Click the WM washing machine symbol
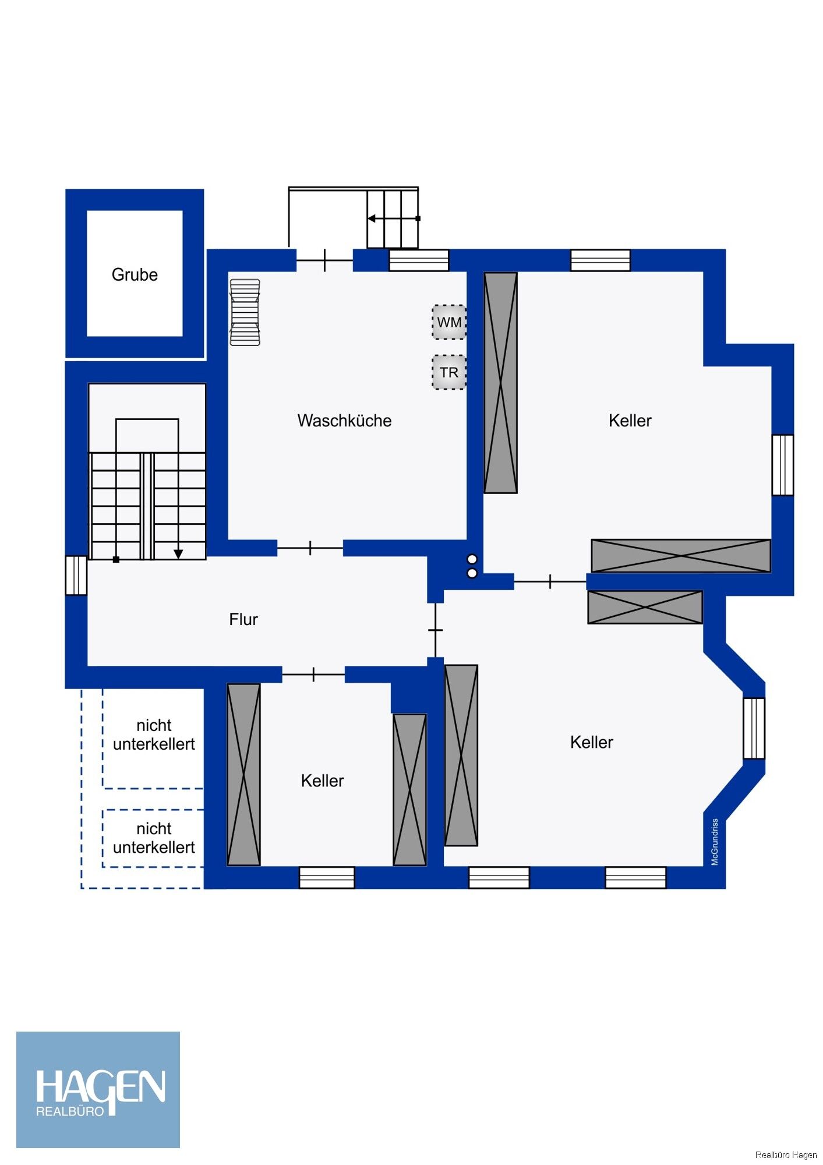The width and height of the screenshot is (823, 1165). [449, 322]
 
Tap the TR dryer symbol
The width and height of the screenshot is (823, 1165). [449, 372]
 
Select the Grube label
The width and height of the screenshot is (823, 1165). [135, 275]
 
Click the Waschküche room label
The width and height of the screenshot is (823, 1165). [344, 421]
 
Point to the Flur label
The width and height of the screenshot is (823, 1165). [243, 619]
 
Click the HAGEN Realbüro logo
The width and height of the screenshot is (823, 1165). [98, 1090]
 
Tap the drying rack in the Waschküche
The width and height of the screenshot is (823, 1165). [245, 313]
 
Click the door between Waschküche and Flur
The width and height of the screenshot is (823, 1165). [310, 548]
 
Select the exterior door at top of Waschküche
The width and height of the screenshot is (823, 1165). [324, 260]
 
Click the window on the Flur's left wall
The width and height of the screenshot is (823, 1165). [76, 576]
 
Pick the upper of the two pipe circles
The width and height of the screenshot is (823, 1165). [472, 560]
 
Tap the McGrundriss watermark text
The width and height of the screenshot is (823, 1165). [715, 842]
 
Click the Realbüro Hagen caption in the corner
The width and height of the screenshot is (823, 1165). [786, 1155]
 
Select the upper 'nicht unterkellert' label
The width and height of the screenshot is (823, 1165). [154, 735]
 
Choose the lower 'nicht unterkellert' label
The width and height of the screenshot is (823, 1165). [154, 838]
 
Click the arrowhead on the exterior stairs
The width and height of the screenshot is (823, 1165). [371, 218]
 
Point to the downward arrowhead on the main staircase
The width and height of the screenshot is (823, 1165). [178, 554]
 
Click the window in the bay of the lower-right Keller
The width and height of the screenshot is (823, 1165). [754, 728]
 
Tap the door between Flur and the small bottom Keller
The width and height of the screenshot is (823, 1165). [313, 675]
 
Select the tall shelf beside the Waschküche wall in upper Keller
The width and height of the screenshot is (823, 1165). [501, 383]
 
